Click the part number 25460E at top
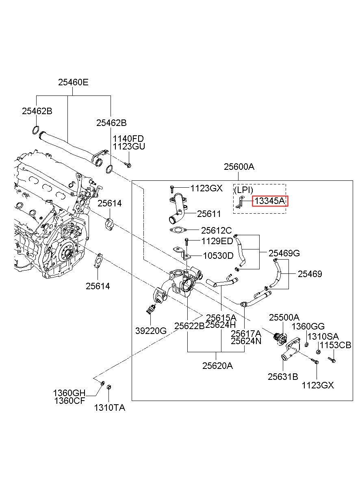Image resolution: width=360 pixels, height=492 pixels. [73, 82]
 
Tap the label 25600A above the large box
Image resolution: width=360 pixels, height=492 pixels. [239, 167]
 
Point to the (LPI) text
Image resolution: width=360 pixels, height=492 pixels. [243, 190]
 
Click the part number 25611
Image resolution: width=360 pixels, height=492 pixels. [209, 214]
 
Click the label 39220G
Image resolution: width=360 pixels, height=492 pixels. [151, 330]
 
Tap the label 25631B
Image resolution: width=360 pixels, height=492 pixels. [283, 377]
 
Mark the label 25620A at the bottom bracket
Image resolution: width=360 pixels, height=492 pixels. [218, 366]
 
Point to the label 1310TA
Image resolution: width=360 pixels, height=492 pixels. [110, 407]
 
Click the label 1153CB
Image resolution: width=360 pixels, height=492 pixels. [335, 345]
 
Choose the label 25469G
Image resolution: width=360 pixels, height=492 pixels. [284, 254]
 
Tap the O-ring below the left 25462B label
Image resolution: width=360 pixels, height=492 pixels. [36, 131]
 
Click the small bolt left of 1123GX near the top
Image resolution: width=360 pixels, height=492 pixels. [172, 189]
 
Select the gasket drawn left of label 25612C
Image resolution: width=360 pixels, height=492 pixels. [176, 231]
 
